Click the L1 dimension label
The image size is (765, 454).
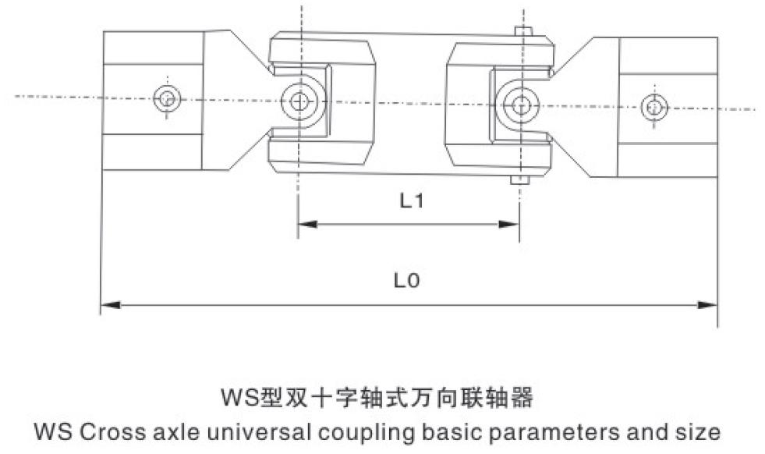pyautogui.click(x=411, y=201)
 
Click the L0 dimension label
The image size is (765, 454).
pyautogui.click(x=406, y=279)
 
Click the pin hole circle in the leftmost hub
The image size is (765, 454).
pyautogui.click(x=167, y=99)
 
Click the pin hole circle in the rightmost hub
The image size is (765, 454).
pyautogui.click(x=654, y=107)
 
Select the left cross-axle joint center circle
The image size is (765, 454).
pyautogui.click(x=299, y=99)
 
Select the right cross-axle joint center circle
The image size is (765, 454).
pyautogui.click(x=519, y=102)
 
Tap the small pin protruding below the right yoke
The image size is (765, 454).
pyautogui.click(x=519, y=181)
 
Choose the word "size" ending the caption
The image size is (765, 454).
pyautogui.click(x=697, y=431)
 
